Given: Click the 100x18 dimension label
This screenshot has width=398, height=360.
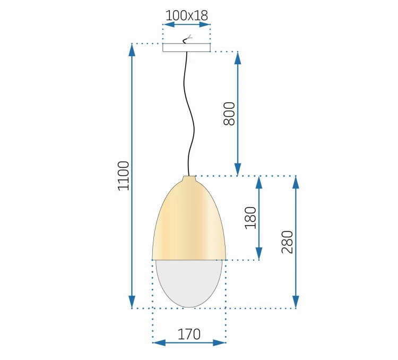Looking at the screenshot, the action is click(187, 15).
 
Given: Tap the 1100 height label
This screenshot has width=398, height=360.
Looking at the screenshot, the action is click(124, 176).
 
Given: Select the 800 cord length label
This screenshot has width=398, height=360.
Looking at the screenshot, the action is click(229, 114).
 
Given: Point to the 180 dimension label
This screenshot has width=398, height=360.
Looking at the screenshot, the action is click(250, 218).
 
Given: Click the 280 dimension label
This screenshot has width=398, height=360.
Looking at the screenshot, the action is click(287, 242).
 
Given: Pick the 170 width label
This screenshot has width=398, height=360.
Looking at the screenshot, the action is click(189, 334).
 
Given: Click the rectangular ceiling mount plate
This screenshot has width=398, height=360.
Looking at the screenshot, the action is click(187, 47).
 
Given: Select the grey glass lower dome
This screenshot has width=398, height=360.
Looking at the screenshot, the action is click(189, 282).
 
